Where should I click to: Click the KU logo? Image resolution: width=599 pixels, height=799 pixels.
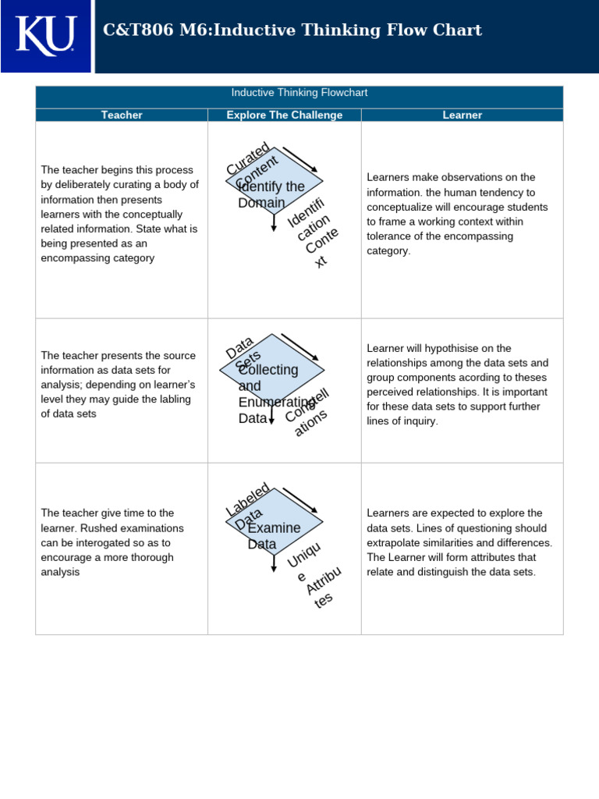(x=46, y=35)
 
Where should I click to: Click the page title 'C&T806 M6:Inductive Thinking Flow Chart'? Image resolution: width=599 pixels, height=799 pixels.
(x=292, y=30)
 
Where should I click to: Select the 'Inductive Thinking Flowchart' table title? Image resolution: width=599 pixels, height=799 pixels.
(x=299, y=93)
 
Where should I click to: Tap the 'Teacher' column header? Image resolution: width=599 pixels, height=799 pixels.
(x=122, y=115)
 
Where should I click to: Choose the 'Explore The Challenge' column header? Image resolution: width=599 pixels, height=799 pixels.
(x=284, y=115)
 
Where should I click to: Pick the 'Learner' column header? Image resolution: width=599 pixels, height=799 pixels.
(x=462, y=115)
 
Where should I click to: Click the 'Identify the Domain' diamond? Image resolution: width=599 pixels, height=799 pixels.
(x=274, y=182)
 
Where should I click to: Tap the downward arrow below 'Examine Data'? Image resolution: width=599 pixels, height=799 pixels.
(x=274, y=563)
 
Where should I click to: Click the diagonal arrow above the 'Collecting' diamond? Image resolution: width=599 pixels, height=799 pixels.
(x=299, y=347)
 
